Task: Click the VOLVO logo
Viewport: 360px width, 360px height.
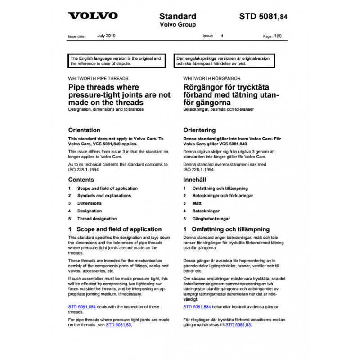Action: (93, 16)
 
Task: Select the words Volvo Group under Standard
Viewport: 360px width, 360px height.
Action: (178, 25)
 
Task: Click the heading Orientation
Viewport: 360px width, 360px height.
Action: (84, 130)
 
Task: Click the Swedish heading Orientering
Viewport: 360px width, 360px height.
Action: (199, 130)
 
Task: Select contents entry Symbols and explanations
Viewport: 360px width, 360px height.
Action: (104, 196)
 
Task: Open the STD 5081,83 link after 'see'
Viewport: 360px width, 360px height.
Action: (119, 324)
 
